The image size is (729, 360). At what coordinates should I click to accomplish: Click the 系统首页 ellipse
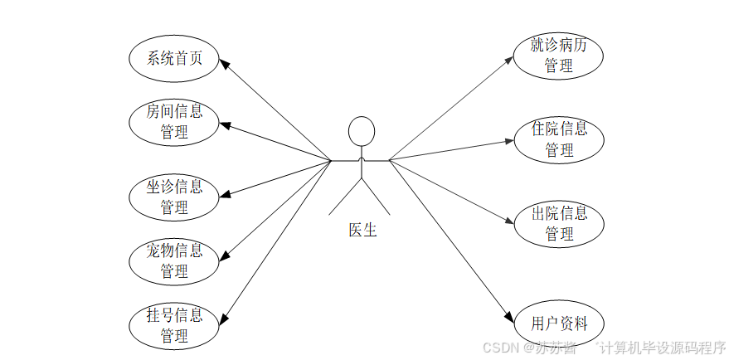(175, 58)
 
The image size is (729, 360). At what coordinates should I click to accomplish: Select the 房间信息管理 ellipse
(175, 121)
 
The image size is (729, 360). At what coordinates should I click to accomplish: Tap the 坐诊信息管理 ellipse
(175, 197)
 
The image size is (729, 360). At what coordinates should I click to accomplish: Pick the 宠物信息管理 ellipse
(175, 260)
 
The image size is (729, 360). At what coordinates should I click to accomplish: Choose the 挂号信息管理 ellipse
(175, 325)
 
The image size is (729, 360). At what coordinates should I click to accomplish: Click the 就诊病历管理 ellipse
(558, 56)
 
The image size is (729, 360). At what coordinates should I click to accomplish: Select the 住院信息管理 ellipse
(558, 139)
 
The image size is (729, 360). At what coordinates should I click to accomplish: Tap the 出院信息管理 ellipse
(558, 223)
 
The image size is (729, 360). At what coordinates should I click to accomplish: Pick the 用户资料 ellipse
(558, 324)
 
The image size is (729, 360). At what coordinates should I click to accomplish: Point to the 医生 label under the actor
(362, 230)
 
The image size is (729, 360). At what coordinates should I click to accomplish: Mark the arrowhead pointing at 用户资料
(508, 317)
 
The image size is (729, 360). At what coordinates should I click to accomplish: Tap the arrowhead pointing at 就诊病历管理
(509, 60)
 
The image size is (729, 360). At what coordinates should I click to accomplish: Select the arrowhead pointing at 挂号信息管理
(224, 318)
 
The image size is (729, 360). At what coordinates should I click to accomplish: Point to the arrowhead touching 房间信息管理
(225, 125)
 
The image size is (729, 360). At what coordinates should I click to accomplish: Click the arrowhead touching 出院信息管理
(509, 221)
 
